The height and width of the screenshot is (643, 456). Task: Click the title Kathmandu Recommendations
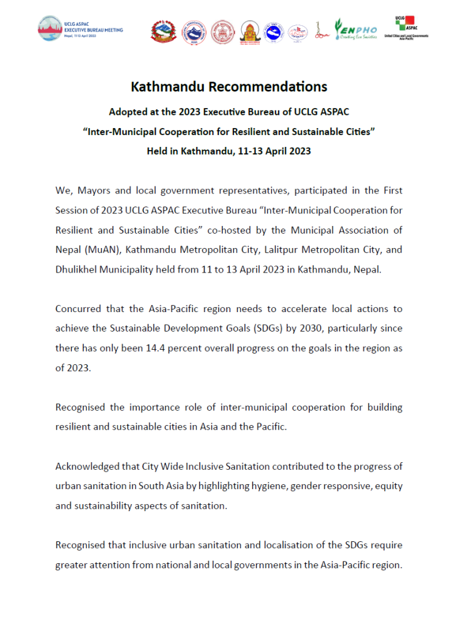pyautogui.click(x=228, y=86)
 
